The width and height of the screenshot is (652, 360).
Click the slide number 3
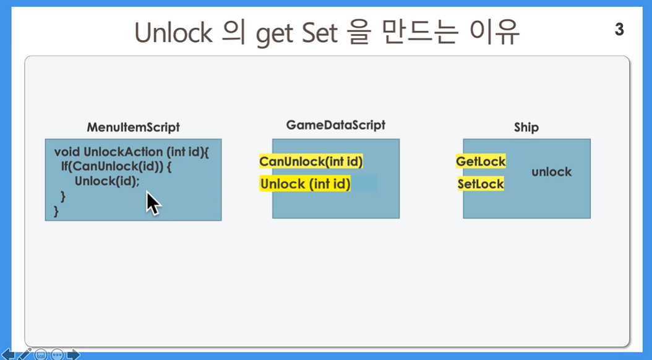point(619,30)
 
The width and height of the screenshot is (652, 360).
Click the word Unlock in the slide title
point(173,32)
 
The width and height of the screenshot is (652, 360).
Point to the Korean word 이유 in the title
point(494,32)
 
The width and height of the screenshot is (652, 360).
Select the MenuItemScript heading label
point(133,127)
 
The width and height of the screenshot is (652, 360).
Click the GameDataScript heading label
point(335,125)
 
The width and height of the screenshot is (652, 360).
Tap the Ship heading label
point(526,127)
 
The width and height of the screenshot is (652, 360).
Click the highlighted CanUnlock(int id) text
point(311,161)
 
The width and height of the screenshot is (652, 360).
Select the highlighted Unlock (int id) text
point(306,184)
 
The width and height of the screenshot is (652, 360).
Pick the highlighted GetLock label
point(481,161)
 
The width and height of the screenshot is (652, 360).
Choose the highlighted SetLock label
point(481,184)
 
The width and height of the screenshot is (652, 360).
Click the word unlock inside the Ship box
point(551,172)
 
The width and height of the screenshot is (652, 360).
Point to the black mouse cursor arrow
point(152,203)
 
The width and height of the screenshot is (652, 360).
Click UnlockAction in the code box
point(123,152)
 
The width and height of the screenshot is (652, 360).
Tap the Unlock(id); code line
point(107,181)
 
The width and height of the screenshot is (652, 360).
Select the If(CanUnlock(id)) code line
point(116,166)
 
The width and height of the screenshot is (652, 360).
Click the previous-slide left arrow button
point(8,354)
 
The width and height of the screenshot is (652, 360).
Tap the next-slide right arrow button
point(73,354)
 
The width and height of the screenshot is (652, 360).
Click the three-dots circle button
point(58,354)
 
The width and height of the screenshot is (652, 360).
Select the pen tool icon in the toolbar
point(25,354)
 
